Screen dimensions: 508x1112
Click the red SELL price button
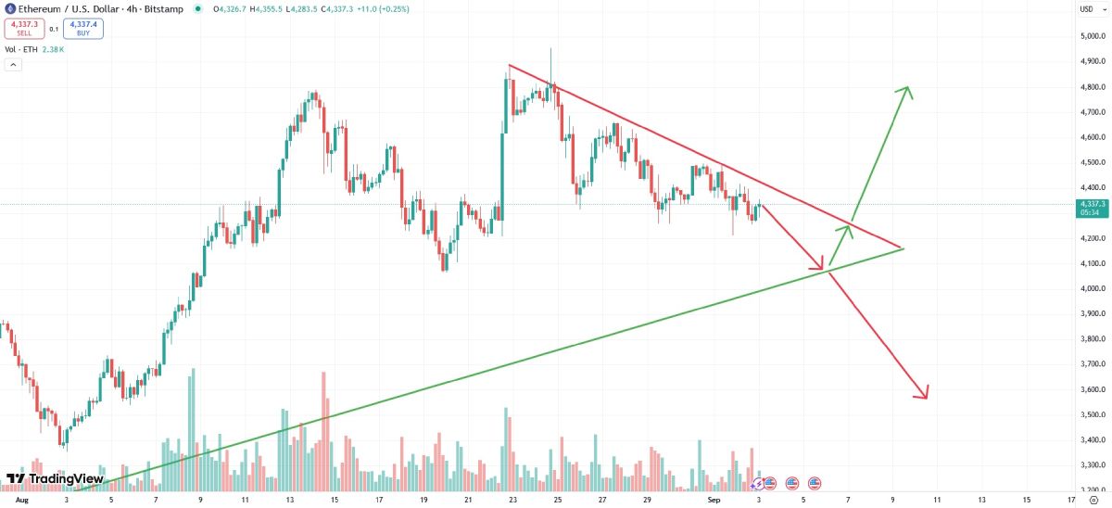(24, 28)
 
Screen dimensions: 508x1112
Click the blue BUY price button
(83, 28)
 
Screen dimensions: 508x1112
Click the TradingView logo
(55, 478)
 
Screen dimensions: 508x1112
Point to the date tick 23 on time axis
(513, 499)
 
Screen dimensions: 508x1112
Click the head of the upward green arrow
(908, 89)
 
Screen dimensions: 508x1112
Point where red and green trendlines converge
(903, 248)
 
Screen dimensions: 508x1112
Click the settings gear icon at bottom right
(1093, 499)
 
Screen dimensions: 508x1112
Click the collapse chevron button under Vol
(13, 65)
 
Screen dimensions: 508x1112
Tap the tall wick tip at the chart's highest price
(551, 49)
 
